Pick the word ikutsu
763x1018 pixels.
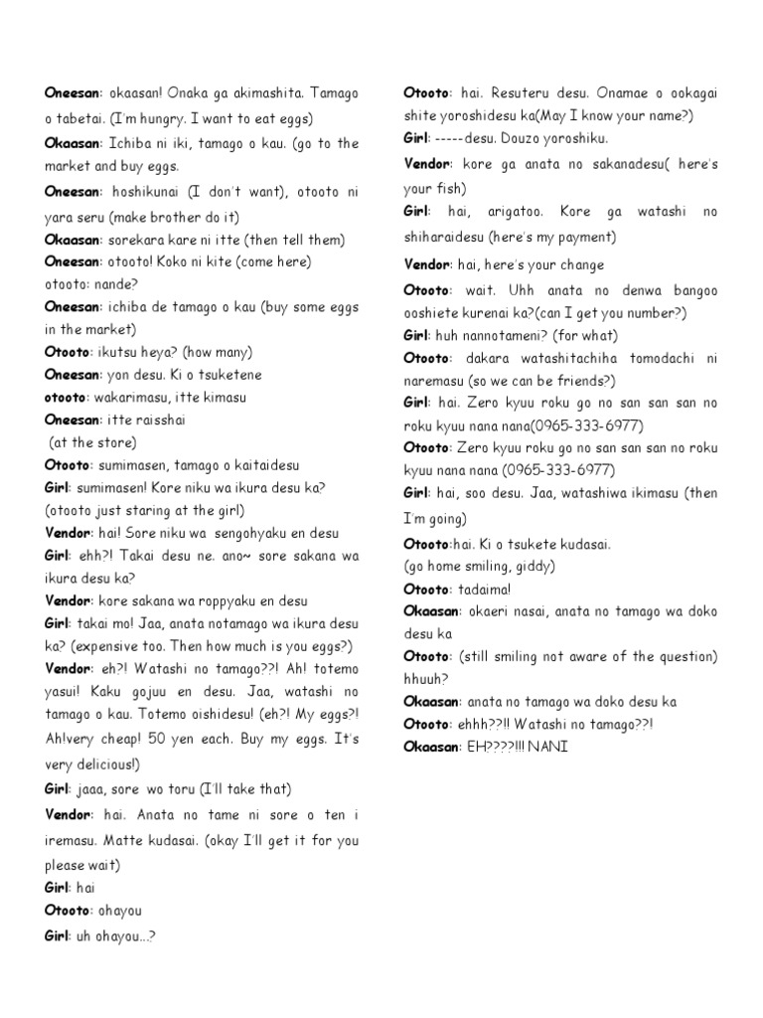coord(127,352)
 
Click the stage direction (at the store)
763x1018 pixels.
coord(92,442)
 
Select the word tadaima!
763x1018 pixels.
coord(489,589)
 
